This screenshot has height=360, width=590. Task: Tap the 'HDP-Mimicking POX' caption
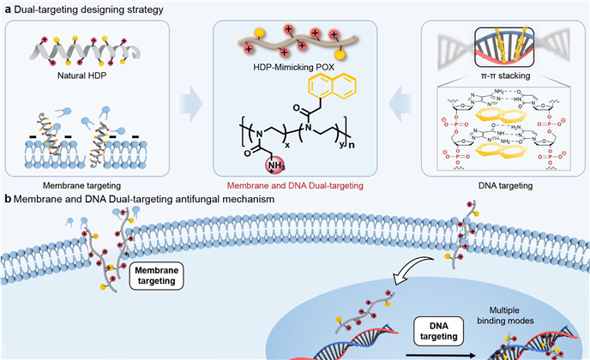[293, 68]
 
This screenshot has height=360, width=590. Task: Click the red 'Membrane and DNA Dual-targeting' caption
[295, 184]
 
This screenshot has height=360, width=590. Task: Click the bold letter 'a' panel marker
[7, 8]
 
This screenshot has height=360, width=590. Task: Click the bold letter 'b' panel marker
[7, 200]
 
